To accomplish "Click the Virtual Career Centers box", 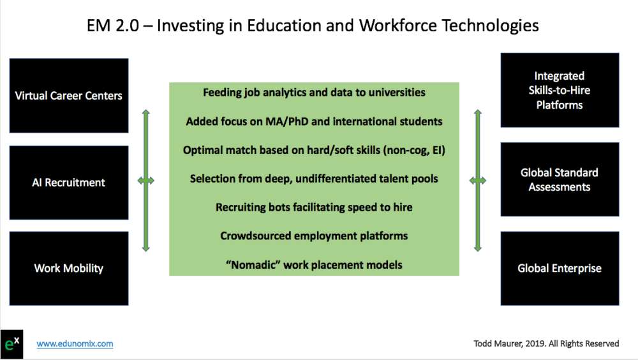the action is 69,95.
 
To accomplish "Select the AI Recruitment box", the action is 69,183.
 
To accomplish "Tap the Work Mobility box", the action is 69,268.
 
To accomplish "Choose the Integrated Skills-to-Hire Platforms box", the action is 560,90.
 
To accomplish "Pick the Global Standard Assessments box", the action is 560,179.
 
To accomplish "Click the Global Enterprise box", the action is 560,268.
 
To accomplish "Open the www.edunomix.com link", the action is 75,343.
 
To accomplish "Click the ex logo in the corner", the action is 11,344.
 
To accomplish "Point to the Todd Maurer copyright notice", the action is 546,343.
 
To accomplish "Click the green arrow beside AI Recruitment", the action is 146,181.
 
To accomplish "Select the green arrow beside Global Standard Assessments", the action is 478,181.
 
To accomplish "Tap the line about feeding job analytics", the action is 314,93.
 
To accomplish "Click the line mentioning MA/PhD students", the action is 314,121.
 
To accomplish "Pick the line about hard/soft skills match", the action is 314,150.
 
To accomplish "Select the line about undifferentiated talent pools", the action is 314,179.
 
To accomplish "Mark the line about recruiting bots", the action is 314,207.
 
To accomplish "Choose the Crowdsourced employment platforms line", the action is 314,236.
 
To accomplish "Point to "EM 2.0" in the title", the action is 113,26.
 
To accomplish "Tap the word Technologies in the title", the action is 490,26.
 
